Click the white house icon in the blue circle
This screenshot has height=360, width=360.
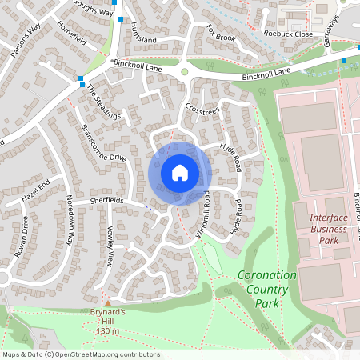tap(180, 172)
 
